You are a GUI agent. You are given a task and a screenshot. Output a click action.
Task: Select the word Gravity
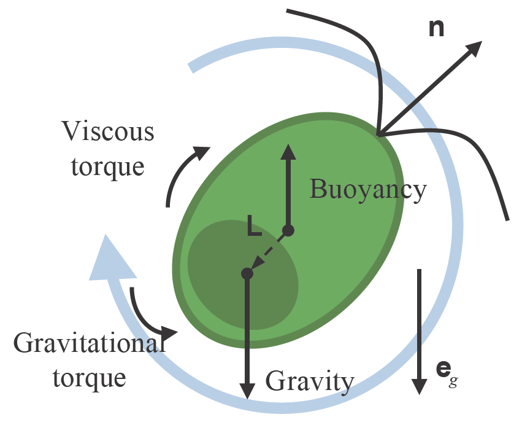(x=310, y=382)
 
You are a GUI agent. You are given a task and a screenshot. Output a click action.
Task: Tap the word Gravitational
(x=90, y=343)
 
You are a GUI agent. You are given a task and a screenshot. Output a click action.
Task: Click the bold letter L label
(x=255, y=227)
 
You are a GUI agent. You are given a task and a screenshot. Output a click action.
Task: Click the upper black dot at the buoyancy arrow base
(x=288, y=231)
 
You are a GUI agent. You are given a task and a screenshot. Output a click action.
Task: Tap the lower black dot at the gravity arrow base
(x=247, y=273)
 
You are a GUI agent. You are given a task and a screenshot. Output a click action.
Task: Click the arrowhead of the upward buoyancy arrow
(x=288, y=152)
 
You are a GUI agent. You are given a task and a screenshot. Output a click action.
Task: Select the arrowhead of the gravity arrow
(x=247, y=389)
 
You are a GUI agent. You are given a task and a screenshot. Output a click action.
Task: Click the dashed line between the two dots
(x=268, y=252)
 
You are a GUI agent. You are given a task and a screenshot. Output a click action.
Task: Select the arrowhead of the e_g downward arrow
(x=419, y=385)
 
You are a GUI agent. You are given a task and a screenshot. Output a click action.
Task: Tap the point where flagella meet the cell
(x=378, y=133)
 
